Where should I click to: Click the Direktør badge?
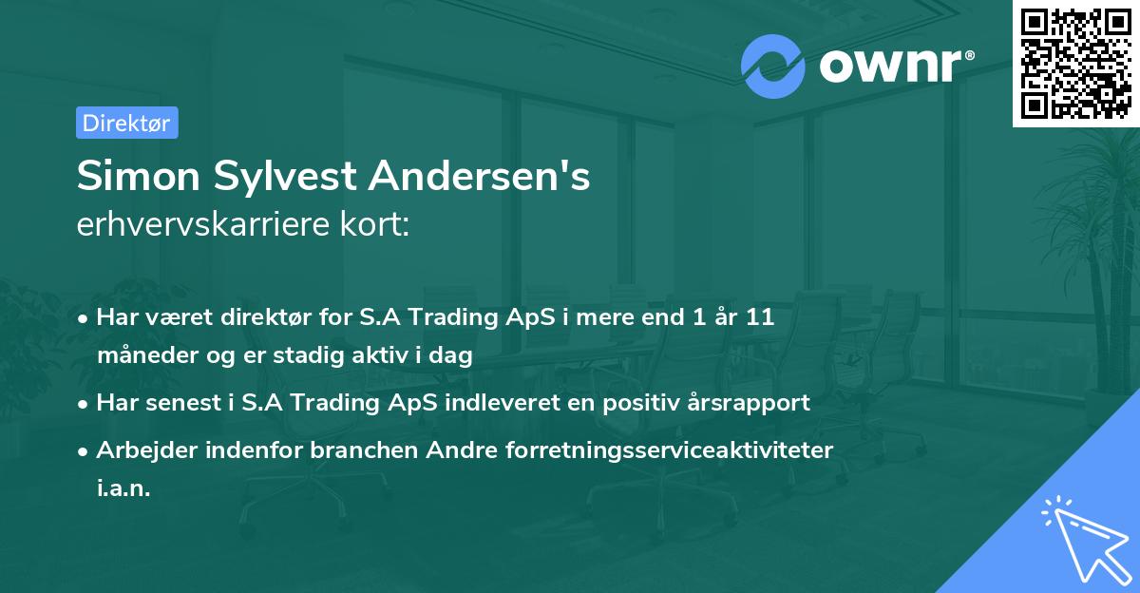pos(126,123)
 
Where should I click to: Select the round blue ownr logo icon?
pos(774,66)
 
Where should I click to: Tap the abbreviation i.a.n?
pos(123,488)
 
